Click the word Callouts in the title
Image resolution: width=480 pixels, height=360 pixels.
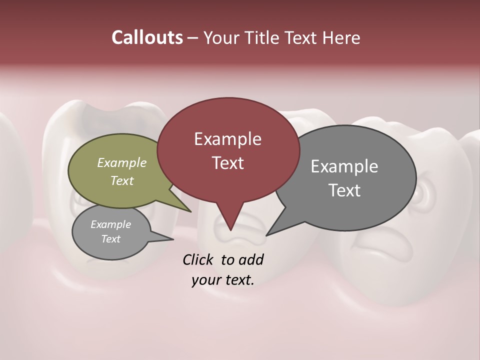point(147,37)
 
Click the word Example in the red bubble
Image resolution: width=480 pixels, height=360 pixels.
point(227,139)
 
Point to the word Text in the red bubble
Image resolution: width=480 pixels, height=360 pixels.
point(227,163)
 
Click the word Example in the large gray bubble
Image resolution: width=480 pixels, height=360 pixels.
point(344,166)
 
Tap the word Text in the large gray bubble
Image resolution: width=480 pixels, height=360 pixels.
point(344,190)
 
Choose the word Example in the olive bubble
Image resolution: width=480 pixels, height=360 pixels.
point(121,163)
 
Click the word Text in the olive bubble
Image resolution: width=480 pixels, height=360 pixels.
point(121,180)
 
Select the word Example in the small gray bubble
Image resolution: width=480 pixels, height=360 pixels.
point(110,224)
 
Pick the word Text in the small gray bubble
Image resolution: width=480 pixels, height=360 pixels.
point(110,239)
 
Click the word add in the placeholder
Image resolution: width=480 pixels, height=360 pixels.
point(251,259)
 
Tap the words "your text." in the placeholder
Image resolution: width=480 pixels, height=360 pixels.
point(222,280)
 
